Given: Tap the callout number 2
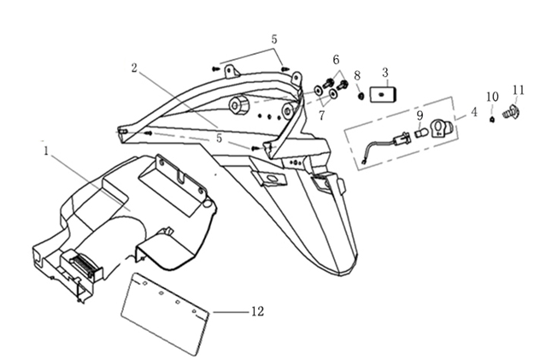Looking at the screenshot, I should (x=135, y=66).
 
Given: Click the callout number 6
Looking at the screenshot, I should (x=336, y=60).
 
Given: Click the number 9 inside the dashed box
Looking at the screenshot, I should (x=420, y=115).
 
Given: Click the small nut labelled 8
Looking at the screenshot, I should (x=362, y=95).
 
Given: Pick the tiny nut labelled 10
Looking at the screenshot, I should (x=494, y=118).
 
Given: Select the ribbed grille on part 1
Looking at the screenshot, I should (x=84, y=265).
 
